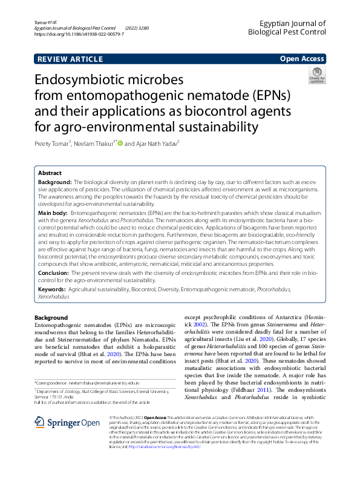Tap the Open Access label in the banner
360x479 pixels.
tap(302, 59)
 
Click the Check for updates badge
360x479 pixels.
tap(316, 76)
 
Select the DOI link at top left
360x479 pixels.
tap(79, 35)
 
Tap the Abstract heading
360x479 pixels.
tap(50, 173)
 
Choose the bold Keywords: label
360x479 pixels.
tap(52, 290)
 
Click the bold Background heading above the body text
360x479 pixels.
tap(51, 318)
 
